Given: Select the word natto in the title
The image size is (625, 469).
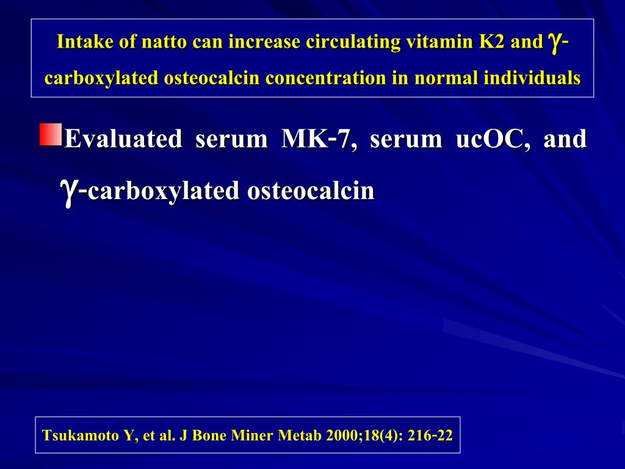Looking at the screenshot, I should [160, 42].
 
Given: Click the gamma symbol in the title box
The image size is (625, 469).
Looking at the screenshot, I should [555, 42].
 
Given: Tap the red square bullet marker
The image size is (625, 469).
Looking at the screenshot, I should [51, 134].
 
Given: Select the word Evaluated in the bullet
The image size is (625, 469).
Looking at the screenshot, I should [123, 139].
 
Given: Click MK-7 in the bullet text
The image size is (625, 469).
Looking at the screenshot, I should [316, 139].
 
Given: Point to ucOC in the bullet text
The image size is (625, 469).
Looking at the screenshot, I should [493, 139].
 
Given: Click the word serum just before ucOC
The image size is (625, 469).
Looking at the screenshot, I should [406, 139].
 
